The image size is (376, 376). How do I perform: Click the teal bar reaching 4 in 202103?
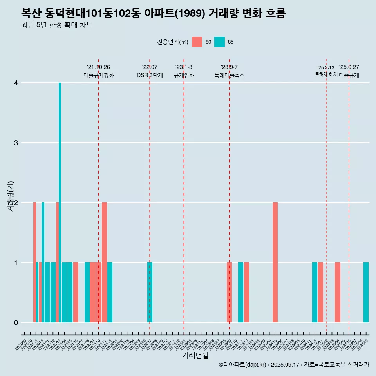[60, 202]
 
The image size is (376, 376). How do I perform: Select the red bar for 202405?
[275, 262]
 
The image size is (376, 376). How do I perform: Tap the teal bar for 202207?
[150, 292]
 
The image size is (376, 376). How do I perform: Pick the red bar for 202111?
[104, 262]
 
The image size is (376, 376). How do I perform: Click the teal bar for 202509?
[366, 292]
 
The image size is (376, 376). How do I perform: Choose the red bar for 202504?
[338, 292]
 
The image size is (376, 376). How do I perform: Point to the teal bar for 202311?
[240, 292]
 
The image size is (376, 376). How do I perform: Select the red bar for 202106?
[76, 292]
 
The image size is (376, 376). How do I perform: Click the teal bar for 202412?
[315, 292]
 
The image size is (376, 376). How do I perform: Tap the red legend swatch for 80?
[197, 42]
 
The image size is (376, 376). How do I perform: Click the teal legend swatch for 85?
[220, 42]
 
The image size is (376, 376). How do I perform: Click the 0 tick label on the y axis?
[16, 322]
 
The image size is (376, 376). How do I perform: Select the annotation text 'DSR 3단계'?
[150, 75]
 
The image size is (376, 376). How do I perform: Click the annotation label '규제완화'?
[184, 75]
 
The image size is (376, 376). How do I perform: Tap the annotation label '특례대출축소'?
[229, 75]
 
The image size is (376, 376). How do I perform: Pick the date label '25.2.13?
[326, 68]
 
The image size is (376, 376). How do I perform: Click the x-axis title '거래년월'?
[195, 356]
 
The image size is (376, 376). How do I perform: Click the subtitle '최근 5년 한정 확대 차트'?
[57, 25]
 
